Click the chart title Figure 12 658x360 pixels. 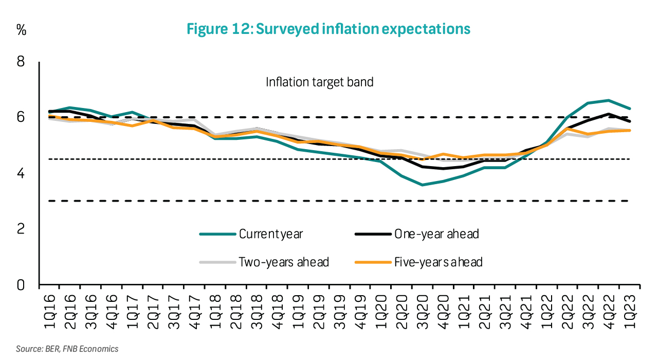pyautogui.click(x=328, y=29)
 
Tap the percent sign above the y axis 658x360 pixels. pyautogui.click(x=21, y=30)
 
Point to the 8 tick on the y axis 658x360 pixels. pyautogui.click(x=21, y=62)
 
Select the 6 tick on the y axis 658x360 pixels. pyautogui.click(x=21, y=117)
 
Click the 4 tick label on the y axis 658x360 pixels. pyautogui.click(x=21, y=173)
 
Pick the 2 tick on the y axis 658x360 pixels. pyautogui.click(x=21, y=229)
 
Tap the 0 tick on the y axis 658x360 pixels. pyautogui.click(x=21, y=284)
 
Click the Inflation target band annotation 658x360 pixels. pyautogui.click(x=319, y=82)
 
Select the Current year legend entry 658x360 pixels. pyautogui.click(x=271, y=234)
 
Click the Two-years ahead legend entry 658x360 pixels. pyautogui.click(x=283, y=262)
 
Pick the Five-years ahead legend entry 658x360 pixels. pyautogui.click(x=438, y=262)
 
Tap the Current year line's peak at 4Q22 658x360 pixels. pyautogui.click(x=609, y=100)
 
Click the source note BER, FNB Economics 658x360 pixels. pyautogui.click(x=67, y=349)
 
